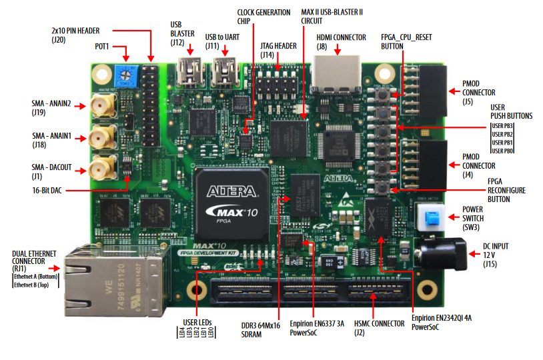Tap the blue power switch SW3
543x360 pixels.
(432, 217)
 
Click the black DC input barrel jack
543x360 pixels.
(443, 253)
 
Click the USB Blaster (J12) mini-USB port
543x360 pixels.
(192, 69)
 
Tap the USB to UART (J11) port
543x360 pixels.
(225, 69)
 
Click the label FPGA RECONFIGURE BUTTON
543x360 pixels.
(506, 190)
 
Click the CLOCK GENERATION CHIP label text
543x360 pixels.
(264, 17)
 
